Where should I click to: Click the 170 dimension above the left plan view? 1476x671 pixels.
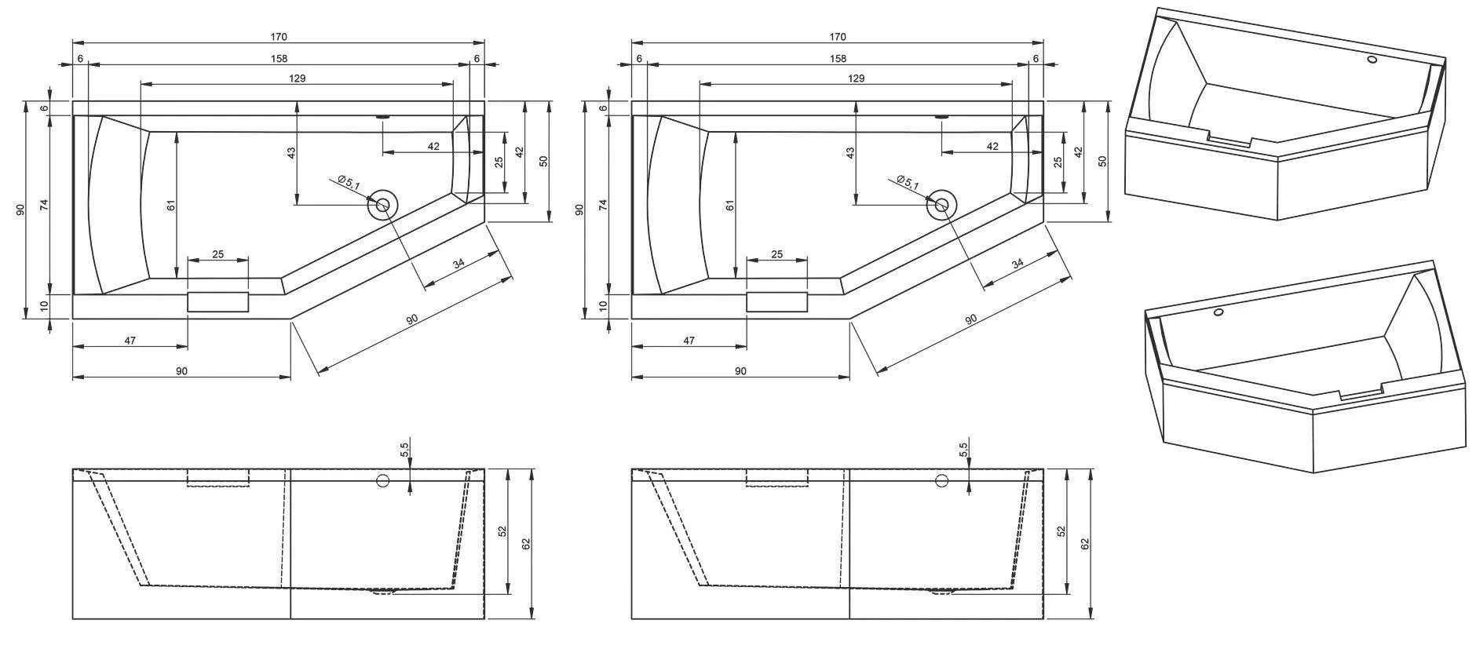tap(279, 37)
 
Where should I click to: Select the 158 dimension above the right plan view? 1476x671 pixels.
tap(838, 58)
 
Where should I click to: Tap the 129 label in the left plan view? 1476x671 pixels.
tap(297, 78)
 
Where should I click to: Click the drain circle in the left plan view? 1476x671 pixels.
tap(383, 205)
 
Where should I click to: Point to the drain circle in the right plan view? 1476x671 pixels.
tap(941, 205)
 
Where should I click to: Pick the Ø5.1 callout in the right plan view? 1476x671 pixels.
tap(908, 182)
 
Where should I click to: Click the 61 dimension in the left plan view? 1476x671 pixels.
tap(171, 206)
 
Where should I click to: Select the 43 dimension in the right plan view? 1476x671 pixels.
tap(850, 154)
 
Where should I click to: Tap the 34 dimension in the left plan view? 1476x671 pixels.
tap(459, 264)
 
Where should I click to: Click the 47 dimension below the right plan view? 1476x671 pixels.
tap(689, 341)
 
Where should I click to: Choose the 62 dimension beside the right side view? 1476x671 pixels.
tap(1085, 543)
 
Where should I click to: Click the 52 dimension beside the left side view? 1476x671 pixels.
tap(502, 531)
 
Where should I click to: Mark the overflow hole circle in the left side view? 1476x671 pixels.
tap(383, 480)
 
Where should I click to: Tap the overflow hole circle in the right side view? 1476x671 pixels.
tap(941, 480)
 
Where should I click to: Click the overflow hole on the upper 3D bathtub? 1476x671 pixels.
tap(1372, 59)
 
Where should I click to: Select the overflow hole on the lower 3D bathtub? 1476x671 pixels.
tap(1218, 313)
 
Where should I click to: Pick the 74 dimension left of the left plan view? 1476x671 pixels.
tap(45, 205)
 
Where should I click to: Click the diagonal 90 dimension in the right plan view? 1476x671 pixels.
tap(970, 319)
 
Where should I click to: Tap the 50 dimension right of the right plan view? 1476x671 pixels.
tap(1102, 161)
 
